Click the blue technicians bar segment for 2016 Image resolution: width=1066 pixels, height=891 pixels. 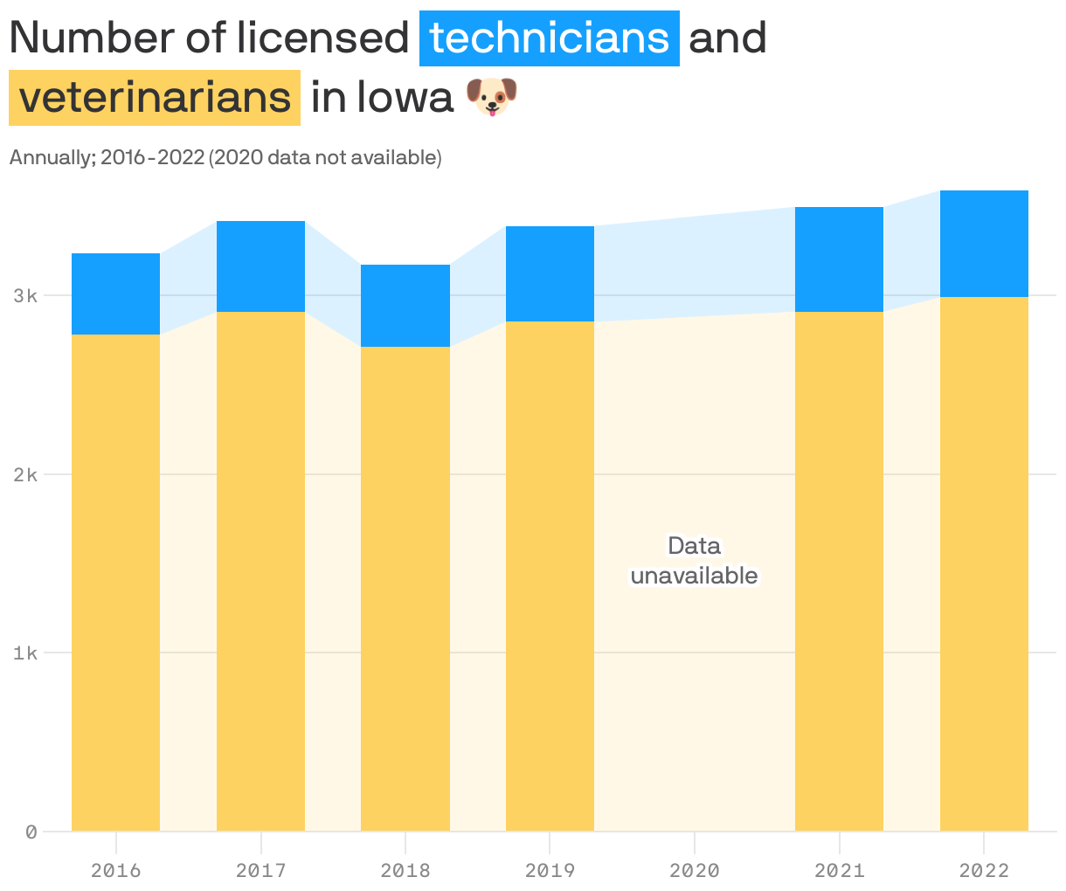click(115, 294)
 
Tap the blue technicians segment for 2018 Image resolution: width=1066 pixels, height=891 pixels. click(405, 306)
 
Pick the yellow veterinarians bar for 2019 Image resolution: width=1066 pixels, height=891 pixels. click(550, 576)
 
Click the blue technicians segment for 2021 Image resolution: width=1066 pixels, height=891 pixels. click(839, 259)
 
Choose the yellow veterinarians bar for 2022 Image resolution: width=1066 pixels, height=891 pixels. click(984, 563)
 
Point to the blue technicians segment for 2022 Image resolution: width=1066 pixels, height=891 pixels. click(984, 244)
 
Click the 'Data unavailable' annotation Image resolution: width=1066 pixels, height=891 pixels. click(695, 561)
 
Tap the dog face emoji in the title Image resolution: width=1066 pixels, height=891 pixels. click(491, 97)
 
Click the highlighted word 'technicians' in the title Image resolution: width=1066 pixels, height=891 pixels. click(549, 38)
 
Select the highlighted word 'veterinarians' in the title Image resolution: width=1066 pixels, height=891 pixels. click(155, 97)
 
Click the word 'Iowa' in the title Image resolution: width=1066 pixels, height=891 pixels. click(405, 97)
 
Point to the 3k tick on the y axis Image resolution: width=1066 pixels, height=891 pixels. click(25, 296)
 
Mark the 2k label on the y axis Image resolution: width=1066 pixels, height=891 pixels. click(25, 475)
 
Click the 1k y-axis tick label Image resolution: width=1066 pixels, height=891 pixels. click(25, 653)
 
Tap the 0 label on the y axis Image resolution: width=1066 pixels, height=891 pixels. click(31, 832)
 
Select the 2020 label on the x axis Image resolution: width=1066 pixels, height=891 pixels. click(695, 871)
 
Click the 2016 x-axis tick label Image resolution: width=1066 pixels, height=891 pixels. click(115, 871)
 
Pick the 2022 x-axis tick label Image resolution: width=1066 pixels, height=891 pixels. click(984, 871)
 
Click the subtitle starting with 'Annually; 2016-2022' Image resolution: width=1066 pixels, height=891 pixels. click(225, 158)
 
